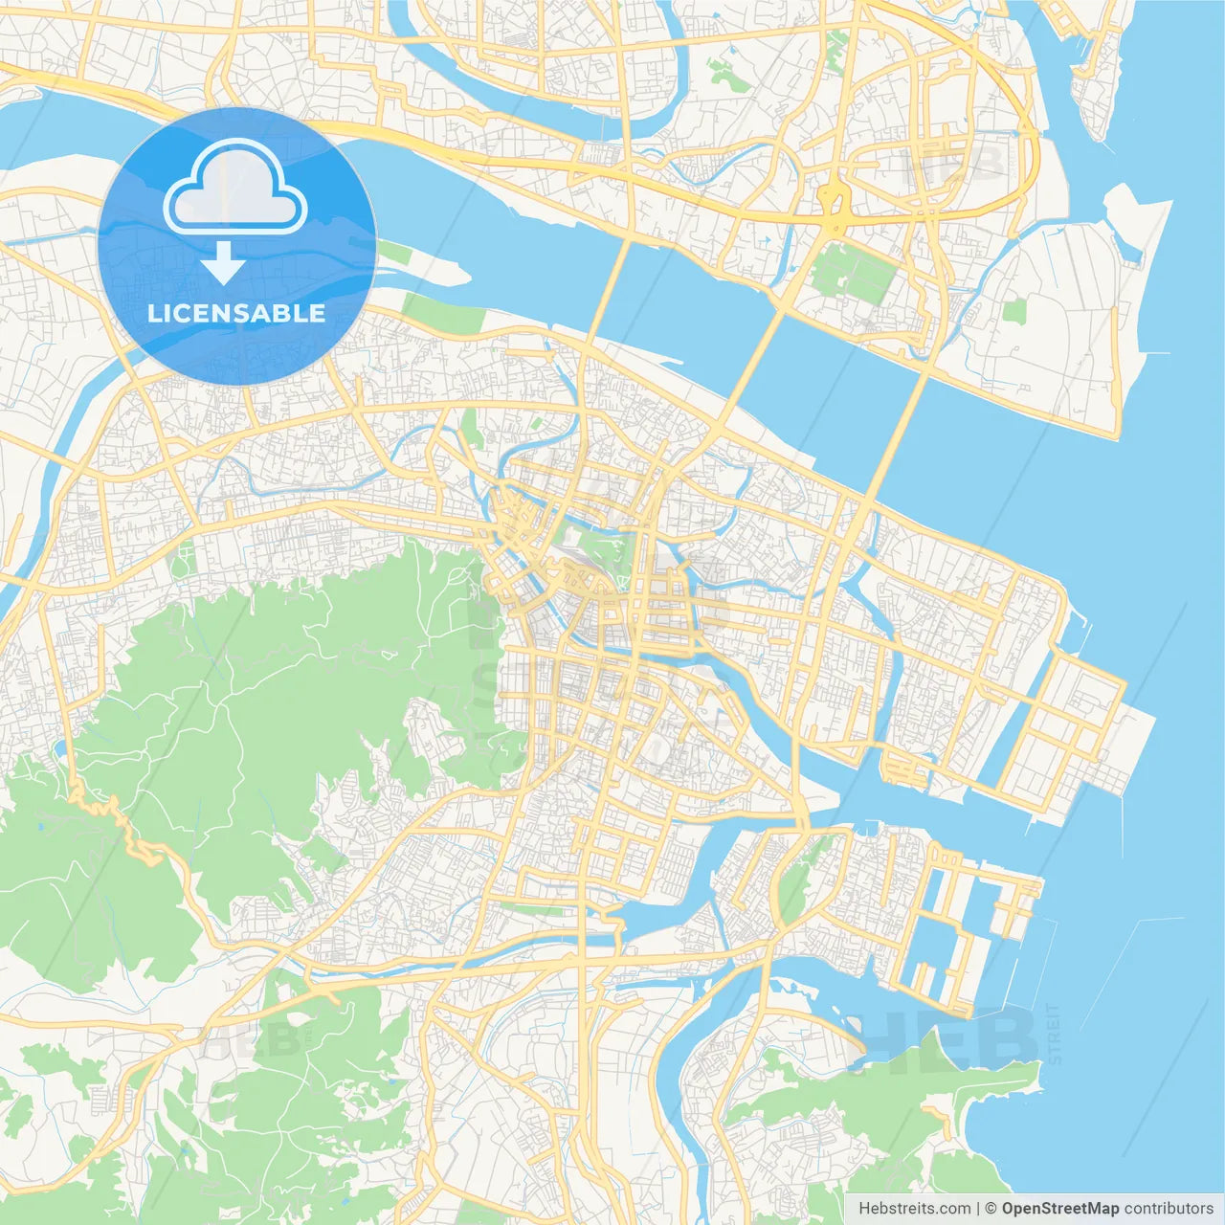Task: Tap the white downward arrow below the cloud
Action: pos(223,263)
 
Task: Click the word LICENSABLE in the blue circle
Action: pos(236,313)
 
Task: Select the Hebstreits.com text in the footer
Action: pos(914,1209)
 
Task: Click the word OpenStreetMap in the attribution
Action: pos(1059,1209)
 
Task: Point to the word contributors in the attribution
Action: pos(1169,1209)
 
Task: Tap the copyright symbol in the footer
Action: pos(991,1209)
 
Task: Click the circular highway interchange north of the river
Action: pos(834,202)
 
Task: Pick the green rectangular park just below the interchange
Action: pos(852,272)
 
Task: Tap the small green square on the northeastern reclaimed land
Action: pos(1013,310)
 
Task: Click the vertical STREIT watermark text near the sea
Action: pos(1054,1034)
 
